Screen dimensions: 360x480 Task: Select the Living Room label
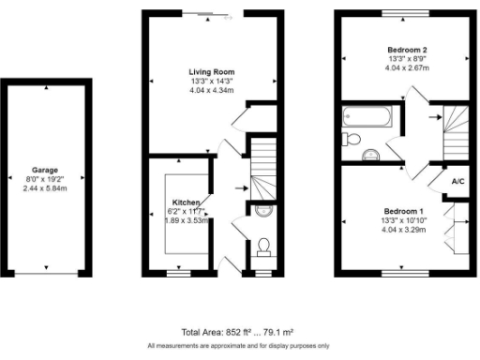pos(211,71)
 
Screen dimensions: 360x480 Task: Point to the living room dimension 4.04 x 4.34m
pos(211,90)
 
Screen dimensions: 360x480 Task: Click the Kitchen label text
pos(184,202)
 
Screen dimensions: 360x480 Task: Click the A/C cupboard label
pos(458,182)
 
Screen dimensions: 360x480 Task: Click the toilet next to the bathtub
pos(352,139)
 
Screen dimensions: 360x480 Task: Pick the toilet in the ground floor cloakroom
pos(264,247)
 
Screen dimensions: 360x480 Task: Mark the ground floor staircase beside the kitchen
pos(261,164)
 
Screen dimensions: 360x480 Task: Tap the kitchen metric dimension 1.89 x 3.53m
pos(185,220)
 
